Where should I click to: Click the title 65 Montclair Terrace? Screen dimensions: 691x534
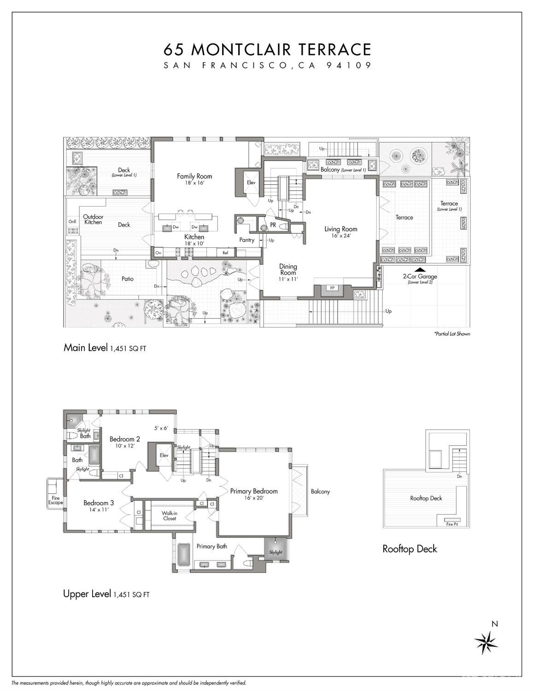click(x=267, y=49)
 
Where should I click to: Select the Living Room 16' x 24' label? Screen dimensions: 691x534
click(x=340, y=232)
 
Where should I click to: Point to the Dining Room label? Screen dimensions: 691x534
click(x=288, y=269)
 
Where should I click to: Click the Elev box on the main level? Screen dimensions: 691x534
click(x=251, y=183)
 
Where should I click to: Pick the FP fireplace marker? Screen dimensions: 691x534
click(x=332, y=288)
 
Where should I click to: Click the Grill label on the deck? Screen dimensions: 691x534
click(x=72, y=222)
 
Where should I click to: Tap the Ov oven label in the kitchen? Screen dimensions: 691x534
click(x=158, y=253)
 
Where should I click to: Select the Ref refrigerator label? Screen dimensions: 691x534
click(x=225, y=253)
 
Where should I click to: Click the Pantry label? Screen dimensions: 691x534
click(x=247, y=240)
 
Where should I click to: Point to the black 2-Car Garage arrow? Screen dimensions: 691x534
click(x=420, y=270)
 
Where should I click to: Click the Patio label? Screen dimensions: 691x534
click(x=128, y=279)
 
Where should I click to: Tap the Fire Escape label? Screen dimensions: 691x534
click(x=55, y=500)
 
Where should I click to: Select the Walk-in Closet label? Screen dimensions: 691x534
click(x=170, y=515)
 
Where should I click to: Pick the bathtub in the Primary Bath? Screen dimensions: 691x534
click(x=183, y=555)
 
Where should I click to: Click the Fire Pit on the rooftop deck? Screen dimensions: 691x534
click(x=452, y=524)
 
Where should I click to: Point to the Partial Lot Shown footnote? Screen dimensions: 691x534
click(x=452, y=334)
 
